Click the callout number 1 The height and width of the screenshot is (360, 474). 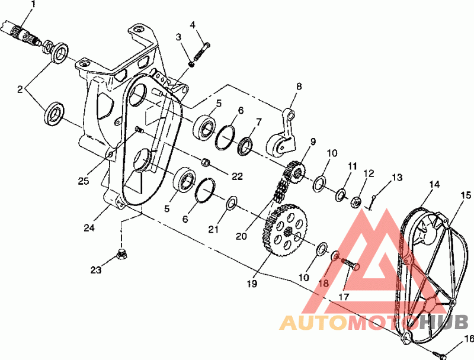tap(33, 4)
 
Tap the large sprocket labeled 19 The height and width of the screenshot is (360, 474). tap(286, 230)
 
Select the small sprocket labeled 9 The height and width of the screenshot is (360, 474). tap(294, 172)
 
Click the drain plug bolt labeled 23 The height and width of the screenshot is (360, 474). tap(121, 255)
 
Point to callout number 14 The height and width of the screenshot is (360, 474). tap(434, 184)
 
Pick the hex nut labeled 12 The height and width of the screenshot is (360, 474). tap(355, 202)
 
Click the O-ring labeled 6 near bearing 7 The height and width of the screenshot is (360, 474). tap(226, 137)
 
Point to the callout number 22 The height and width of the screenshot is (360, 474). tap(237, 176)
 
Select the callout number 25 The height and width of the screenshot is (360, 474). tap(84, 181)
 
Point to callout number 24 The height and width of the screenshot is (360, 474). tap(89, 228)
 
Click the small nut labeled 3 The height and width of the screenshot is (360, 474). tap(191, 64)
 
